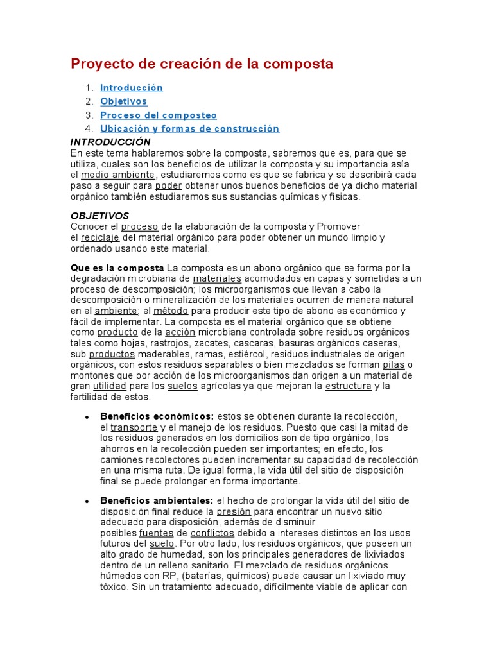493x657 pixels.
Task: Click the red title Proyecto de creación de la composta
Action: click(x=202, y=64)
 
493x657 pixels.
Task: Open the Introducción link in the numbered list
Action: click(x=132, y=88)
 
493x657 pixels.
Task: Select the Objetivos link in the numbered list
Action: click(x=123, y=101)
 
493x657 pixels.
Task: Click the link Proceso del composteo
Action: click(x=159, y=115)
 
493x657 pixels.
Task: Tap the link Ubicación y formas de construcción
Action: click(x=189, y=129)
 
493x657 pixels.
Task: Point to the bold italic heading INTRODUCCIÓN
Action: click(x=110, y=142)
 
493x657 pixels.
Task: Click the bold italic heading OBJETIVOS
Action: click(x=99, y=216)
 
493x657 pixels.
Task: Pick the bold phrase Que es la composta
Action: click(x=117, y=268)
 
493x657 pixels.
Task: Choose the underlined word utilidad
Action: click(x=110, y=386)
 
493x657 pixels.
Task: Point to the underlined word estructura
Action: click(x=349, y=386)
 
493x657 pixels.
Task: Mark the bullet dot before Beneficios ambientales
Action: click(x=87, y=501)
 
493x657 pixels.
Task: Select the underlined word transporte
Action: click(x=134, y=427)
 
